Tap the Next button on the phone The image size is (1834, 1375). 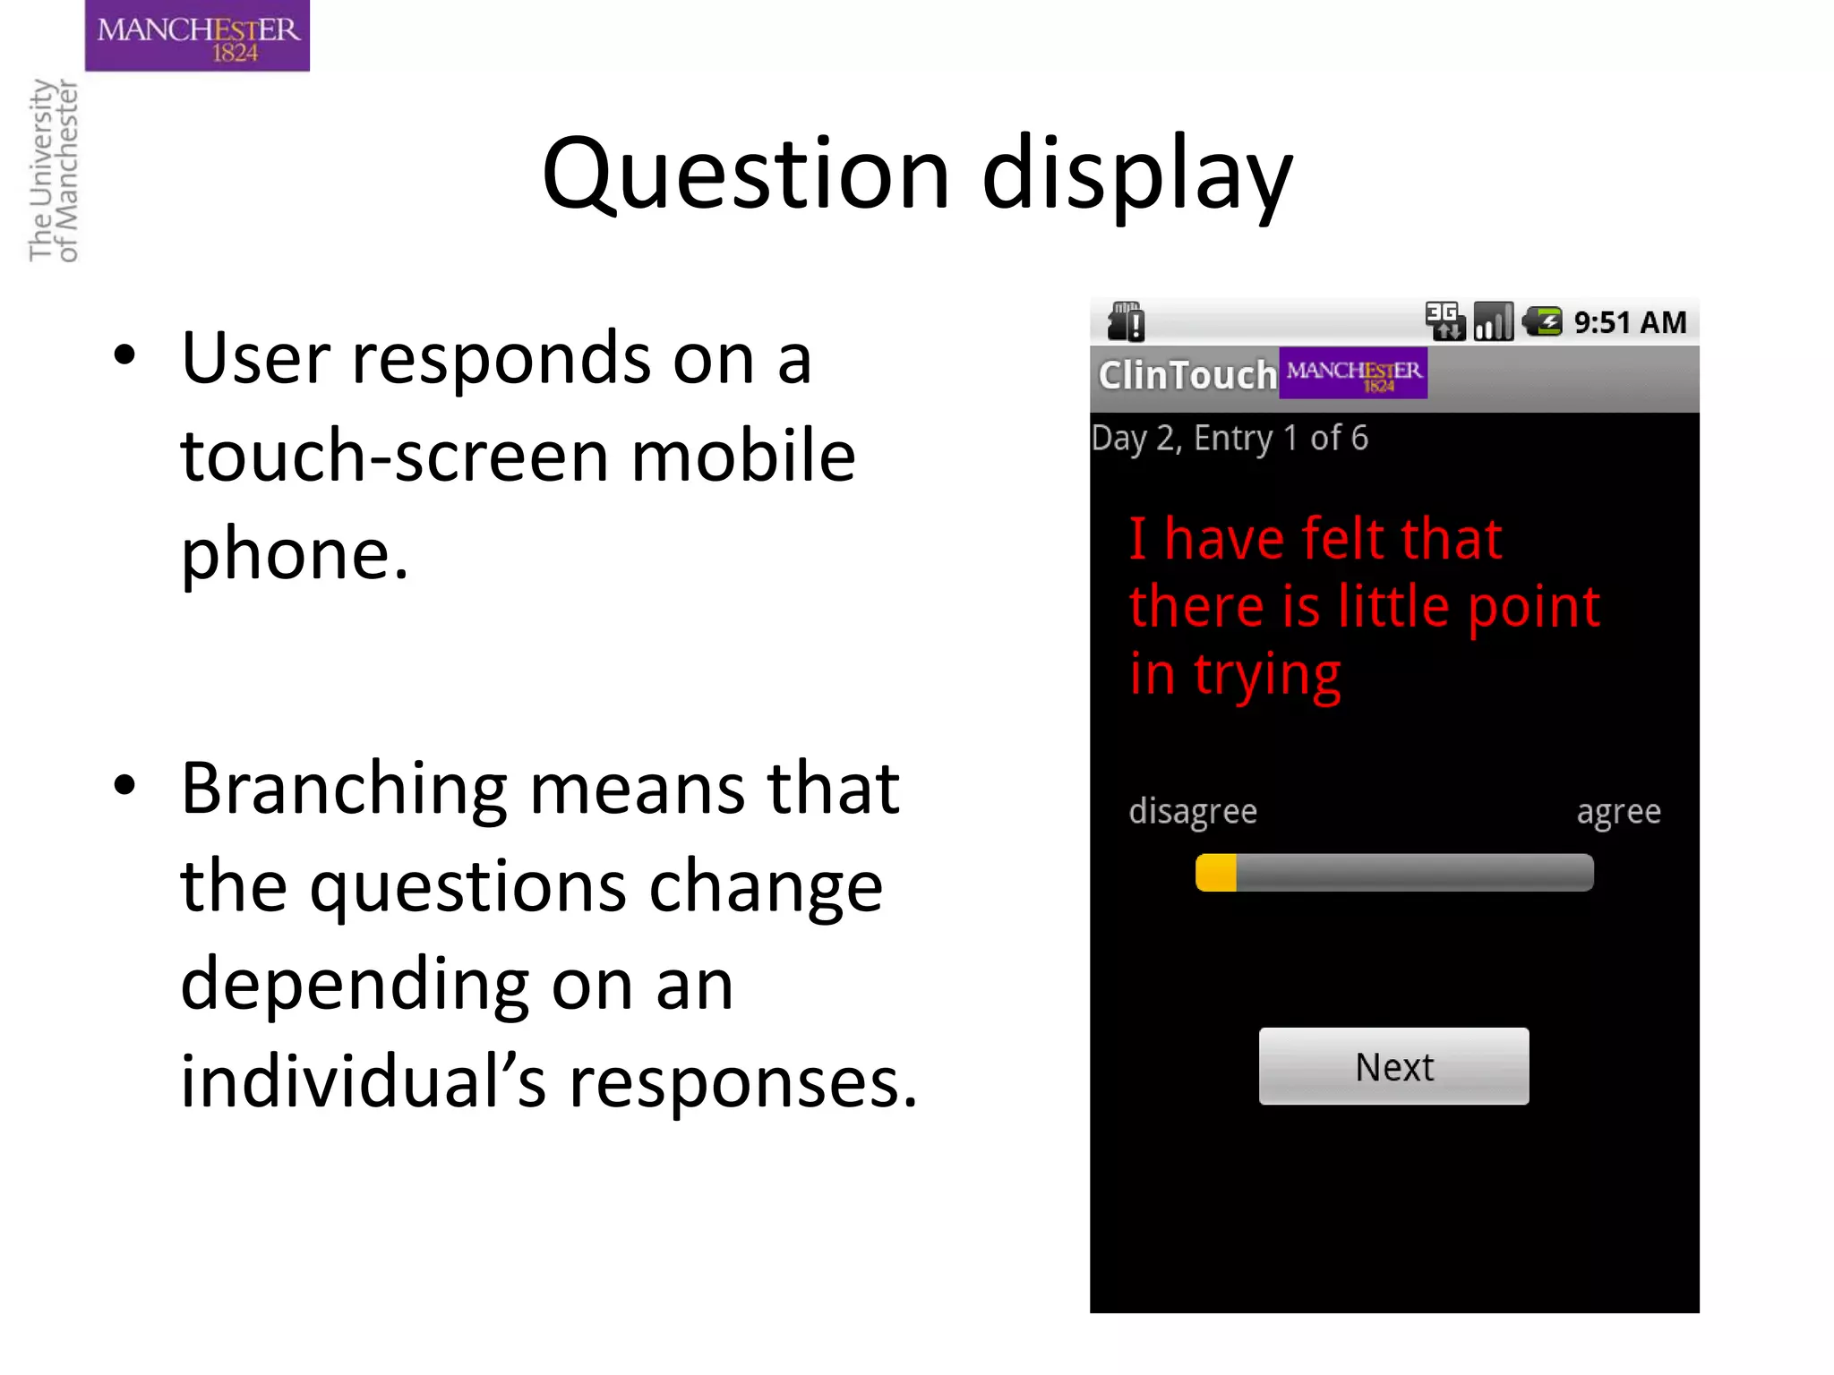[1393, 1066]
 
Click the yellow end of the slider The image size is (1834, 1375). [1216, 873]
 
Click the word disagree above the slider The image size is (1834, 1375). [1193, 811]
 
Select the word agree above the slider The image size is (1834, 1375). [1618, 812]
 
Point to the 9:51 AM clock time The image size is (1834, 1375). [1630, 322]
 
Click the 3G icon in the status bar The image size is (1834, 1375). [1444, 320]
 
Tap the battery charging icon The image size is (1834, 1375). [1543, 321]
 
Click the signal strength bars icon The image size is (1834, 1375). [1493, 321]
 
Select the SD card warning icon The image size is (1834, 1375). [1126, 321]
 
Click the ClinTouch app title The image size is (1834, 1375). [1187, 375]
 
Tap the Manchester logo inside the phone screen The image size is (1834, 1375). [1353, 373]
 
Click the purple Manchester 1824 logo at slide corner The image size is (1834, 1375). [197, 36]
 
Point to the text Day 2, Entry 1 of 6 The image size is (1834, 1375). [1230, 439]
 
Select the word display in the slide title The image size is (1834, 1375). [1137, 174]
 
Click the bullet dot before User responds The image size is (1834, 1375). [124, 355]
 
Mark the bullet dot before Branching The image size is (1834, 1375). [124, 785]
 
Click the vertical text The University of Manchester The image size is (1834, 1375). [54, 170]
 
